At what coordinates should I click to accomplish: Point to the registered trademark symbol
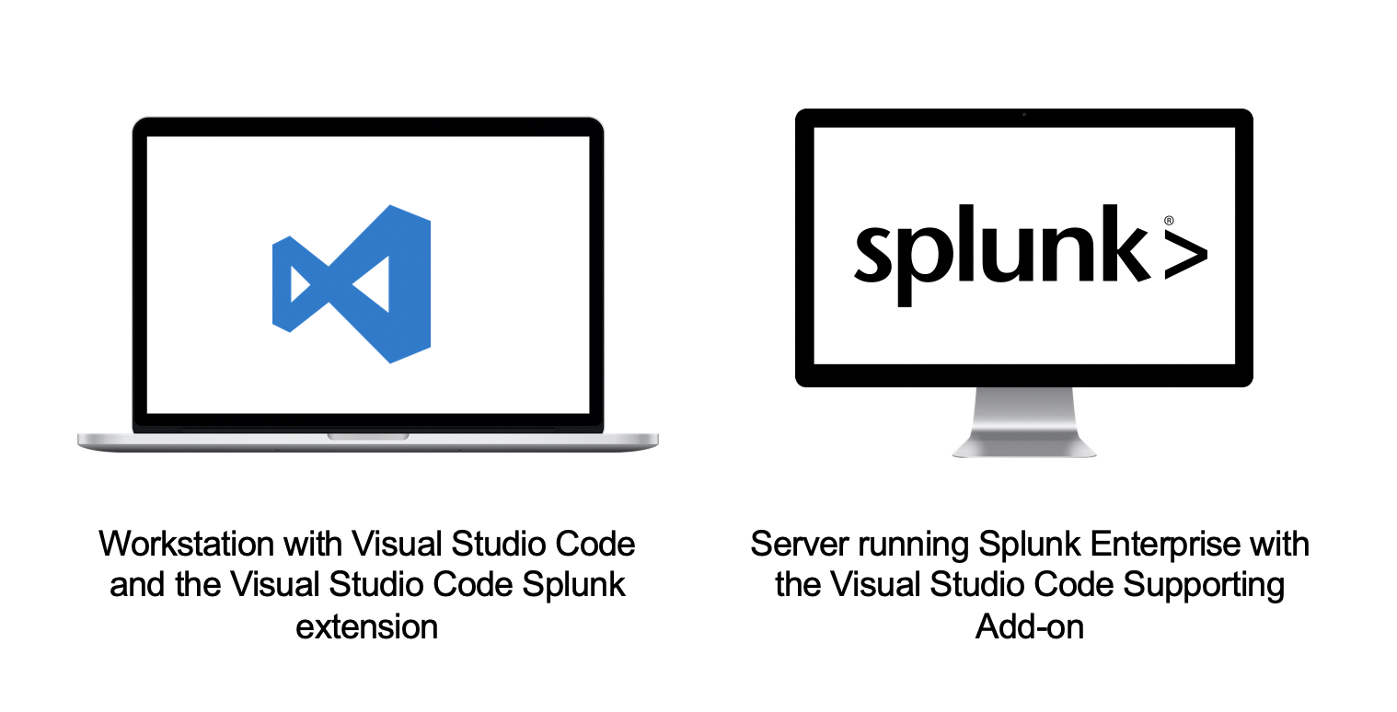point(1169,221)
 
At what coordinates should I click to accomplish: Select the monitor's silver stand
point(1024,422)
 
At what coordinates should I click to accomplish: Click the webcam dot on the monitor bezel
point(1024,115)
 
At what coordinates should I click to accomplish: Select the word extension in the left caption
point(366,626)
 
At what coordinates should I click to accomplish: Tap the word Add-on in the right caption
point(1030,626)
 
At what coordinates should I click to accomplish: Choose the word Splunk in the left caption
point(575,584)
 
